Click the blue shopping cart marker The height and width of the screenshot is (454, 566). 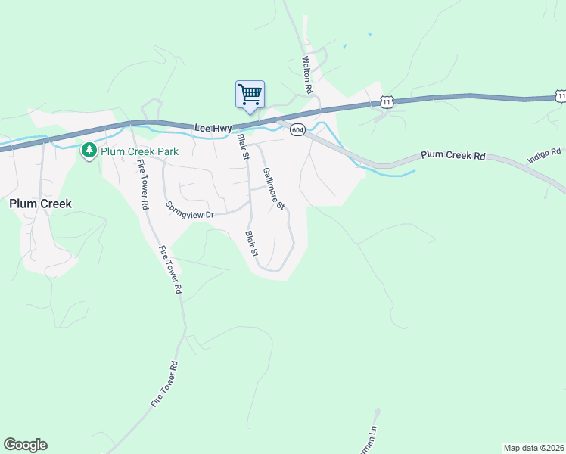250,95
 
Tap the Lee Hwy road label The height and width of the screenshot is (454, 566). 213,129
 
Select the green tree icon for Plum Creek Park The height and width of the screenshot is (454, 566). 89,151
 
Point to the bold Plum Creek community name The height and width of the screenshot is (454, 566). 40,204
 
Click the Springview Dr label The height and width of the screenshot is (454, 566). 191,210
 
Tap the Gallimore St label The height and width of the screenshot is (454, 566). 273,188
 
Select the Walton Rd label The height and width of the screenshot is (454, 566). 307,74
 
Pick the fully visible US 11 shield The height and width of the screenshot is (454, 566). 387,102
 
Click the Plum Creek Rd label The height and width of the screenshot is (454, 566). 452,155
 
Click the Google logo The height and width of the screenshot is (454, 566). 25,445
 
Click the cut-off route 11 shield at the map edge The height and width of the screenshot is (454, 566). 561,96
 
